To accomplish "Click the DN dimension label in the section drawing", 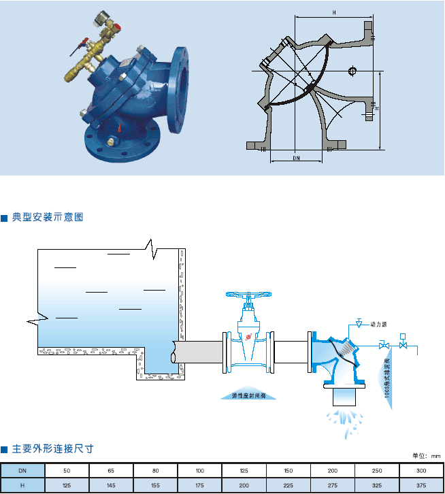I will [x=296, y=158].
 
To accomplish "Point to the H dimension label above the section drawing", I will [x=334, y=12].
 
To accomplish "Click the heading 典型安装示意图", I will [x=47, y=217].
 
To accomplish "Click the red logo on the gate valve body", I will [x=249, y=336].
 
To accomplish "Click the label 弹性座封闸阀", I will [x=249, y=395].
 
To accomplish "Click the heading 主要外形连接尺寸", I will [x=52, y=449].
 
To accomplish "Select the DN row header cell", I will [x=22, y=470].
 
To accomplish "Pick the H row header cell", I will [x=22, y=485].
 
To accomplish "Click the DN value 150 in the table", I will [x=288, y=470].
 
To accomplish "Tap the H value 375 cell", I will [x=421, y=485].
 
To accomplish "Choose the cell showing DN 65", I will [x=111, y=470].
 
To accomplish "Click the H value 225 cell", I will [x=288, y=485].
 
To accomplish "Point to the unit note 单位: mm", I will [x=427, y=456].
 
